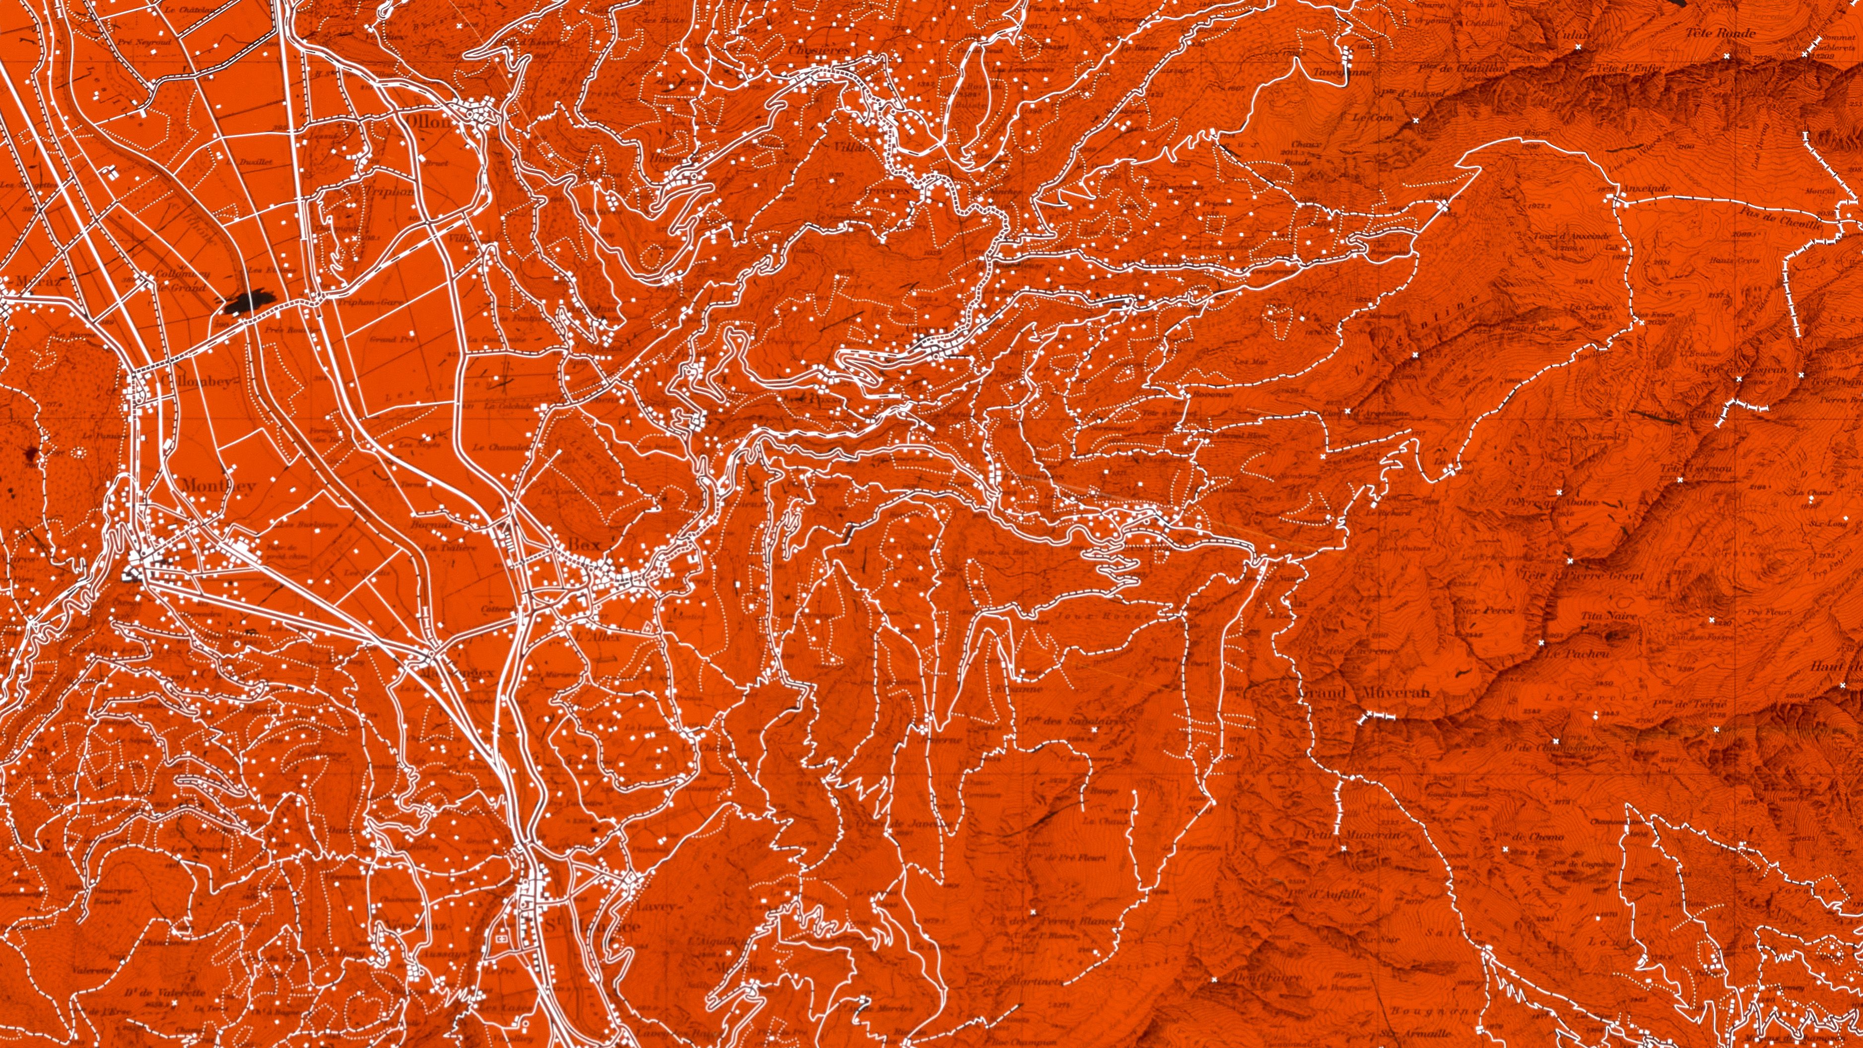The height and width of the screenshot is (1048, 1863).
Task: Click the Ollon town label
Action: (x=428, y=122)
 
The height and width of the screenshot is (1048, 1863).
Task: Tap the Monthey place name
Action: (x=218, y=485)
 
